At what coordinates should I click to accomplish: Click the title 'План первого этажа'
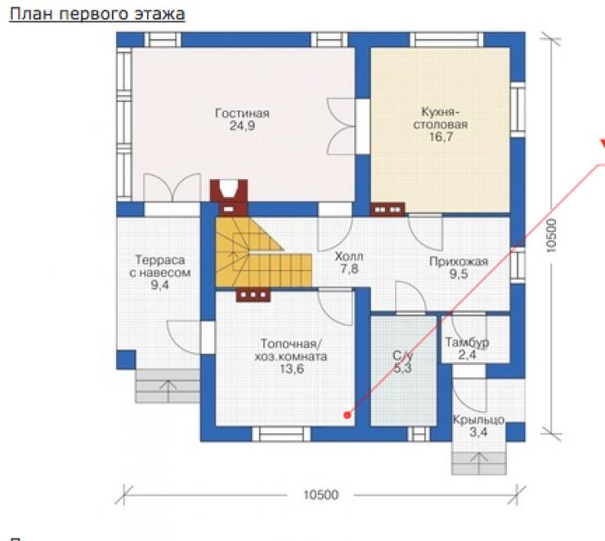(96, 14)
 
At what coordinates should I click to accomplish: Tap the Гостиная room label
(242, 113)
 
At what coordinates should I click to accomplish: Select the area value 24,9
(242, 126)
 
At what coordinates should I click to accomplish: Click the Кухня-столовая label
(440, 118)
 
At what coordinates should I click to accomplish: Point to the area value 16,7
(441, 136)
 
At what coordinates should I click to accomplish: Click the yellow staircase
(263, 253)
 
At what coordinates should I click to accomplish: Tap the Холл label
(349, 256)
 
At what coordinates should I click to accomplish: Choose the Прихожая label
(459, 262)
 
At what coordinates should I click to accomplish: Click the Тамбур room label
(467, 342)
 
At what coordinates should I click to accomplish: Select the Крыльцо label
(478, 419)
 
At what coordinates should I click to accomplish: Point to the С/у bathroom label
(403, 355)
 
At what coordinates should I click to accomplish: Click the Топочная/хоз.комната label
(291, 350)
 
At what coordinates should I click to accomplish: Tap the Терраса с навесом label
(159, 266)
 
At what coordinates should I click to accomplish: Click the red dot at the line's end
(347, 415)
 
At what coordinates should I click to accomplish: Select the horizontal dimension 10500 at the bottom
(321, 494)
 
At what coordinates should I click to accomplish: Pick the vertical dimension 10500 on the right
(552, 235)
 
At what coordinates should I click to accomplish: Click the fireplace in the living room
(229, 197)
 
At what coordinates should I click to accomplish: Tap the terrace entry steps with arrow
(168, 386)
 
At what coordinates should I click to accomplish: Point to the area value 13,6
(292, 369)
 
